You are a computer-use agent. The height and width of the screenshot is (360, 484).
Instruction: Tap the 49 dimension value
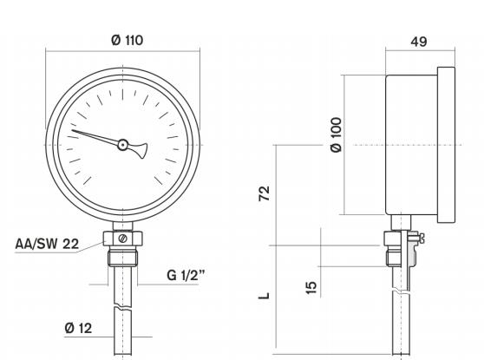[420, 41]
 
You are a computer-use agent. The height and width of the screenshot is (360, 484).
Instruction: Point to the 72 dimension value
[265, 192]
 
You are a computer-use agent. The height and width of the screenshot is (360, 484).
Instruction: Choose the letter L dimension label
[265, 294]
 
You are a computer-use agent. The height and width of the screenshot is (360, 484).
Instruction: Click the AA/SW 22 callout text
[47, 244]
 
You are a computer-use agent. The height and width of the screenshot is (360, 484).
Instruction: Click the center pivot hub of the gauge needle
[122, 145]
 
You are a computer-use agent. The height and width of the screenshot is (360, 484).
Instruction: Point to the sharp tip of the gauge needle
[72, 132]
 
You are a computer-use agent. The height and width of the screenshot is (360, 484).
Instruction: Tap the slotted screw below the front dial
[122, 238]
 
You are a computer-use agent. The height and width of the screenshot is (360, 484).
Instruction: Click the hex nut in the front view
[122, 239]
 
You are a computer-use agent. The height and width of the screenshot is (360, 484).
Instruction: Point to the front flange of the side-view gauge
[447, 143]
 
